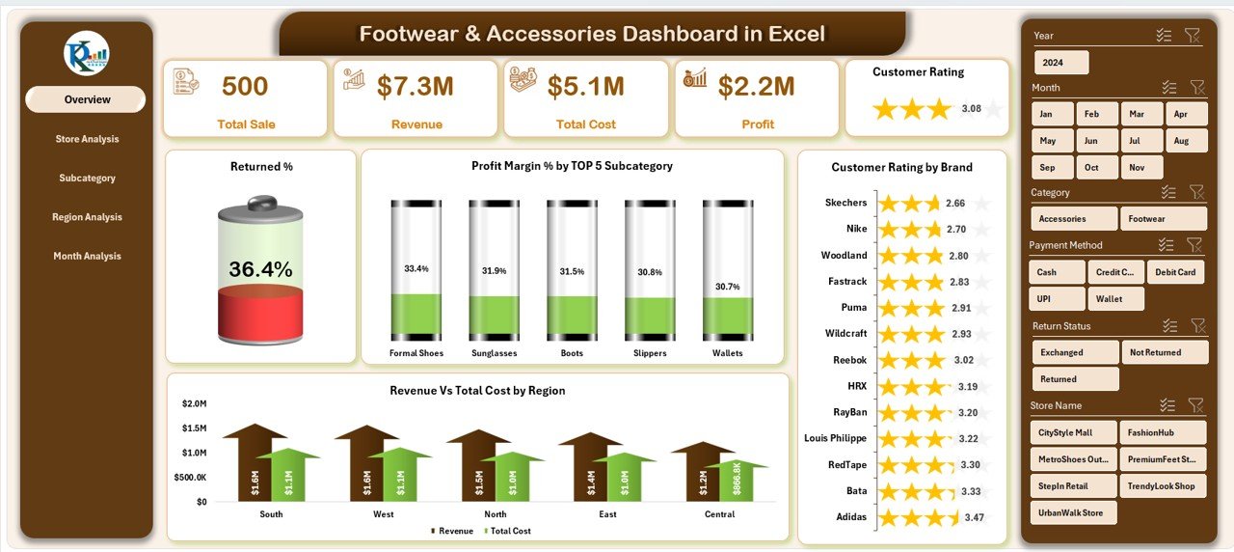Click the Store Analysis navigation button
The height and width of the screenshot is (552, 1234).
point(87,139)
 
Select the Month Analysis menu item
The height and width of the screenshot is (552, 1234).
point(87,256)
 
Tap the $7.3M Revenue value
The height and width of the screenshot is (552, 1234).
point(416,87)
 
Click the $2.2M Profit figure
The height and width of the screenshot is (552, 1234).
point(757,87)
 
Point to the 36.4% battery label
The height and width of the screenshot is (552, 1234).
point(260,269)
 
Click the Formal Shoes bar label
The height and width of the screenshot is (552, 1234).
point(416,353)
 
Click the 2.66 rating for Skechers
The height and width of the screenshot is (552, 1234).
point(955,204)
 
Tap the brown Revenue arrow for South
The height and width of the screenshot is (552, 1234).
point(255,463)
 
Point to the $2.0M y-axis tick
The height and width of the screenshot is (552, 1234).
point(193,402)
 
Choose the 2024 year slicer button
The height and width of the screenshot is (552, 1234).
point(1061,63)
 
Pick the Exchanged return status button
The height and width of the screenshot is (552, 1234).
point(1075,352)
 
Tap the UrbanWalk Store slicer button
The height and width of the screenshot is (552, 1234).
point(1073,512)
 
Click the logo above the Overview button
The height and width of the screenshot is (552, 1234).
point(87,53)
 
